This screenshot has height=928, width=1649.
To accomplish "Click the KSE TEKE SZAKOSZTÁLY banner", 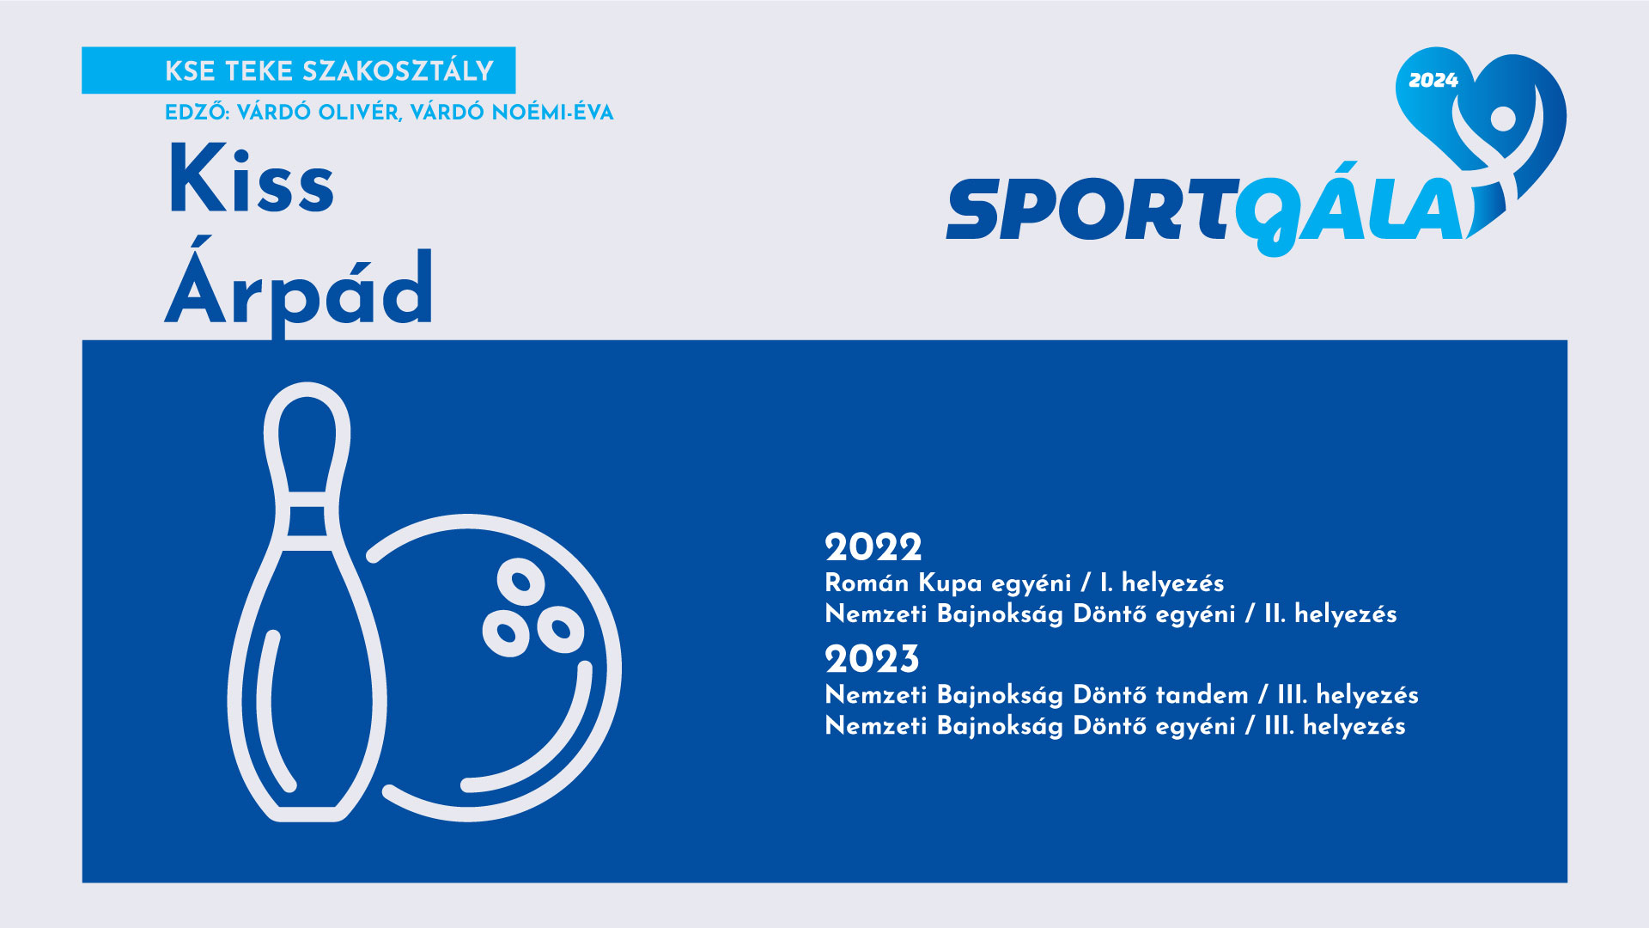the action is pyautogui.click(x=298, y=70).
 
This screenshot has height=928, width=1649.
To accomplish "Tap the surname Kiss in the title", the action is pyautogui.click(x=251, y=180).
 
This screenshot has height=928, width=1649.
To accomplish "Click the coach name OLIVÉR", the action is pyautogui.click(x=358, y=113).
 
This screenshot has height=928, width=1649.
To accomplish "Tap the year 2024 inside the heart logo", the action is pyautogui.click(x=1433, y=81).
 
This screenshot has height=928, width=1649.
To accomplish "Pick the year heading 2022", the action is pyautogui.click(x=873, y=547).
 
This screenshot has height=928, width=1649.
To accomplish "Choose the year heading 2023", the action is pyautogui.click(x=872, y=659).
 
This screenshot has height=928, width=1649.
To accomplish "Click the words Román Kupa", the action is pyautogui.click(x=904, y=583).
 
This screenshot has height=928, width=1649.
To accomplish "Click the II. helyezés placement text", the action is pyautogui.click(x=1330, y=614).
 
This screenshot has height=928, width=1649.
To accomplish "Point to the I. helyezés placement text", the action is pyautogui.click(x=1162, y=583).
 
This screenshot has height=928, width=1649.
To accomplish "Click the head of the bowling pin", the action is pyautogui.click(x=307, y=438).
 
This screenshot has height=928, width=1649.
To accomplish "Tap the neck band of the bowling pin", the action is pyautogui.click(x=307, y=521).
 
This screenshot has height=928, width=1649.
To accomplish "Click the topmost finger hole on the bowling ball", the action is pyautogui.click(x=520, y=582).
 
